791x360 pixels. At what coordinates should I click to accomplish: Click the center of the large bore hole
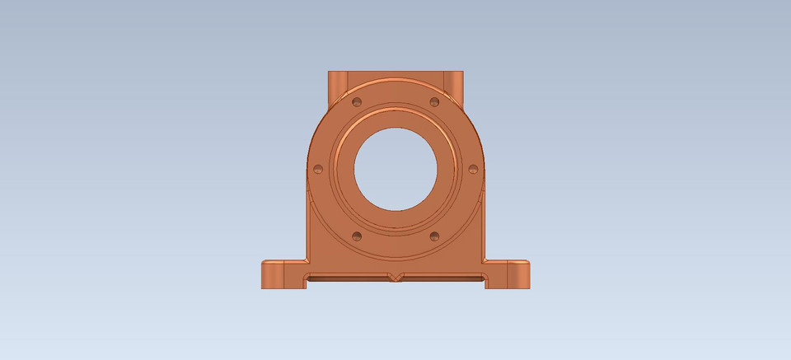click(x=395, y=169)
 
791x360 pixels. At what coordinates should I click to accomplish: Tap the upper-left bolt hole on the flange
click(x=357, y=103)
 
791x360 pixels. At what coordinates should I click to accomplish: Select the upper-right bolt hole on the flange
click(x=434, y=103)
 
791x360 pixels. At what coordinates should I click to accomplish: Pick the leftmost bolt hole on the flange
click(x=318, y=170)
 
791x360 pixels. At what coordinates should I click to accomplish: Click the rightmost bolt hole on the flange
click(x=473, y=170)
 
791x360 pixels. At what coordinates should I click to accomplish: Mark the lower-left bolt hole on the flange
click(x=357, y=236)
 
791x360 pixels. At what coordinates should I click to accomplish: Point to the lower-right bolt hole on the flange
click(x=434, y=236)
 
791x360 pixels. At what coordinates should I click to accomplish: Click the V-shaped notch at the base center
click(x=395, y=277)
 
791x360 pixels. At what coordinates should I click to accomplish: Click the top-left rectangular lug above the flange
click(x=338, y=82)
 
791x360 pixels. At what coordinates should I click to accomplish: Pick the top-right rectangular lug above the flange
click(x=453, y=82)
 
